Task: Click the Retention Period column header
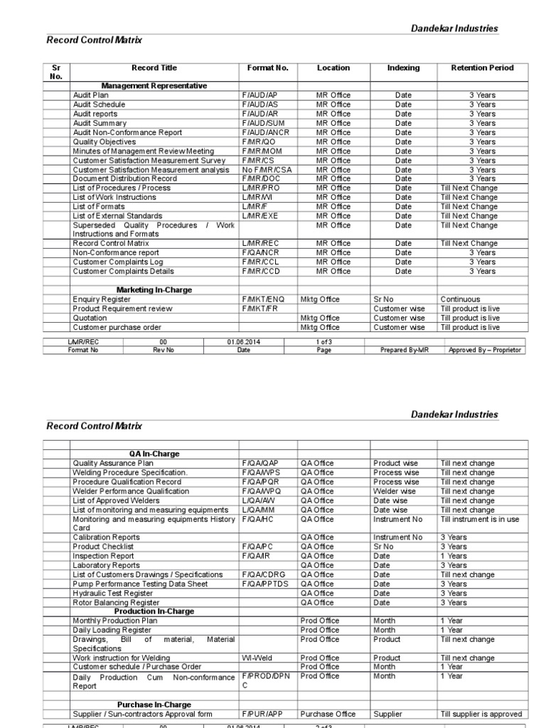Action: tap(482, 68)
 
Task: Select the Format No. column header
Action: tap(267, 68)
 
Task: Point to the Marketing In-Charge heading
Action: tap(154, 290)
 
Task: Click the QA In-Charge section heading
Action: tap(154, 454)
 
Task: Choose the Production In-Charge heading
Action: tap(154, 611)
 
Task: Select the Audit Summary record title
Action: tap(100, 123)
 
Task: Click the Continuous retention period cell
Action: tap(460, 300)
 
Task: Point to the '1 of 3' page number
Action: tap(324, 342)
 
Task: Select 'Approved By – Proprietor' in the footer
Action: tap(486, 350)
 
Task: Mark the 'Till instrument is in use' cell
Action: tap(480, 519)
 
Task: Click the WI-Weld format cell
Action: tap(256, 658)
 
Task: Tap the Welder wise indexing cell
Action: tap(395, 491)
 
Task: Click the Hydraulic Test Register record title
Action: tap(112, 593)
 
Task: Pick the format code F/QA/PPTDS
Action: tap(265, 584)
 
